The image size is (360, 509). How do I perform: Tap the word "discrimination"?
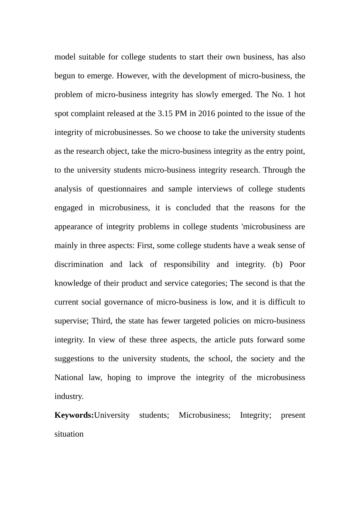[79, 264]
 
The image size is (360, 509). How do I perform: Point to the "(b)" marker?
[277, 264]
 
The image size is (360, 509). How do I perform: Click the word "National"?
[69, 378]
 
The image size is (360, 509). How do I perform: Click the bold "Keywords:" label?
[74, 415]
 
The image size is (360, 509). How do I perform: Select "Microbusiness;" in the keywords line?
[204, 415]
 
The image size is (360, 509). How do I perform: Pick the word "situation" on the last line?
[69, 434]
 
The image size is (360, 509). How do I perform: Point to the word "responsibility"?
[186, 264]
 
